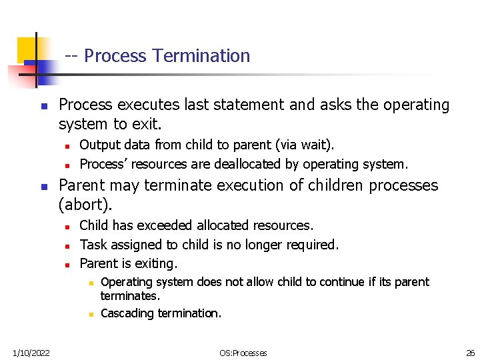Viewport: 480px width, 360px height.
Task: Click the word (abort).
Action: click(85, 203)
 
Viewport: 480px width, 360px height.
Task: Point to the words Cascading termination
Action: click(161, 313)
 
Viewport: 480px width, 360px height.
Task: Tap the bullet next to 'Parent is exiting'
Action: click(67, 265)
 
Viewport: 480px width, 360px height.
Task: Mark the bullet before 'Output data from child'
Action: click(67, 145)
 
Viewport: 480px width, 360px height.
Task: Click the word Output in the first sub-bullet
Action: click(99, 145)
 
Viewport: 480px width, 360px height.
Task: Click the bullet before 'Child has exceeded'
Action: click(67, 226)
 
